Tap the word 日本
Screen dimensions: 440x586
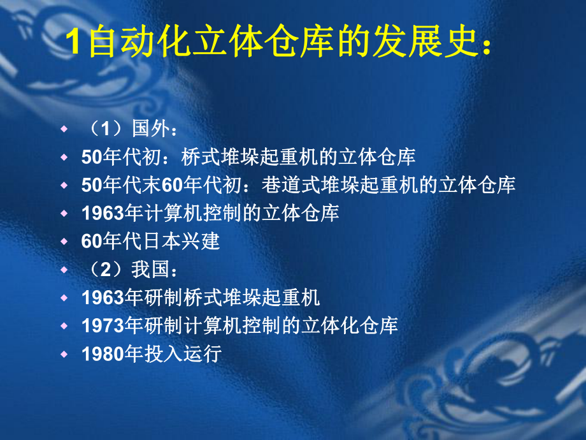click(157, 242)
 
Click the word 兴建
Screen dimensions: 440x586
click(201, 242)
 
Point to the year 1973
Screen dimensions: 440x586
click(103, 326)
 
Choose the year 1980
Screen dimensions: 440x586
click(103, 354)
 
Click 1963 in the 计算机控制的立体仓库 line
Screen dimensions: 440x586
click(103, 214)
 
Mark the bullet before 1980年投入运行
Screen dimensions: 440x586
click(63, 354)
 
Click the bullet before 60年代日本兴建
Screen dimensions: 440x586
click(63, 242)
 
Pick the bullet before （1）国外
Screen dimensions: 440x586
click(63, 129)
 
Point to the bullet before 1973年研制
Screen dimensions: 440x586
click(63, 326)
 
